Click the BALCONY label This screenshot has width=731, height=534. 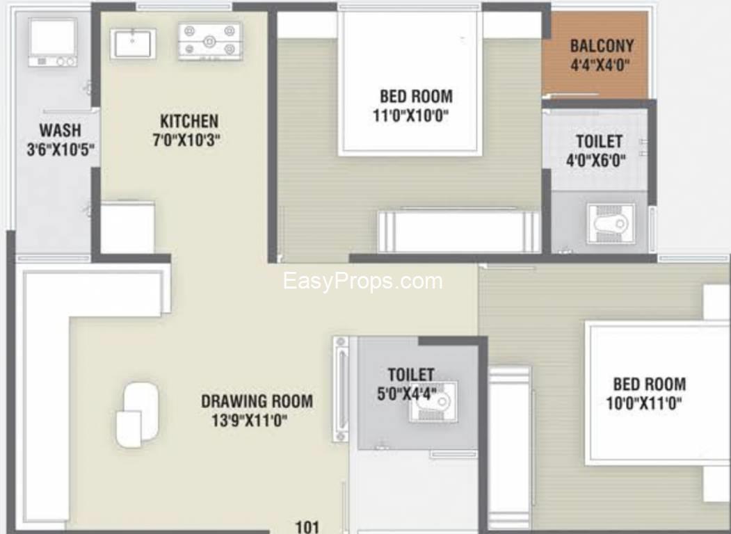coord(602,46)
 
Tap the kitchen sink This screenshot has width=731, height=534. coord(133,43)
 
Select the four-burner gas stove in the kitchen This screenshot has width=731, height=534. coord(210,41)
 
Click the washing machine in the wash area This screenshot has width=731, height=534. coord(53,42)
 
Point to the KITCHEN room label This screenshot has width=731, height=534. coord(189,121)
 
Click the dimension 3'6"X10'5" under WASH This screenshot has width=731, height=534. coord(61,149)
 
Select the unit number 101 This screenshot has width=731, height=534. coord(307,527)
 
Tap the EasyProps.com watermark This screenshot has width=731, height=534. coord(362,281)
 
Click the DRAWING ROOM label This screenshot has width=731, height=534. coord(257,400)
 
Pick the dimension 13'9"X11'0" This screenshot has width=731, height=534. coord(250,420)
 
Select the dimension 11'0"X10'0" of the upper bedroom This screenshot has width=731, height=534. coord(411,115)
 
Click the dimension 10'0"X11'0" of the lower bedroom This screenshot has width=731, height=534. coord(644,403)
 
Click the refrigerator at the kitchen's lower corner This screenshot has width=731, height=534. coord(127,227)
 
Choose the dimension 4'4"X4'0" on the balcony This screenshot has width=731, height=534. coord(600,64)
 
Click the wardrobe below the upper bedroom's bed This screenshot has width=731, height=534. coord(458,231)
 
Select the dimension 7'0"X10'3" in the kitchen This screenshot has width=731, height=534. coord(186,140)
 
